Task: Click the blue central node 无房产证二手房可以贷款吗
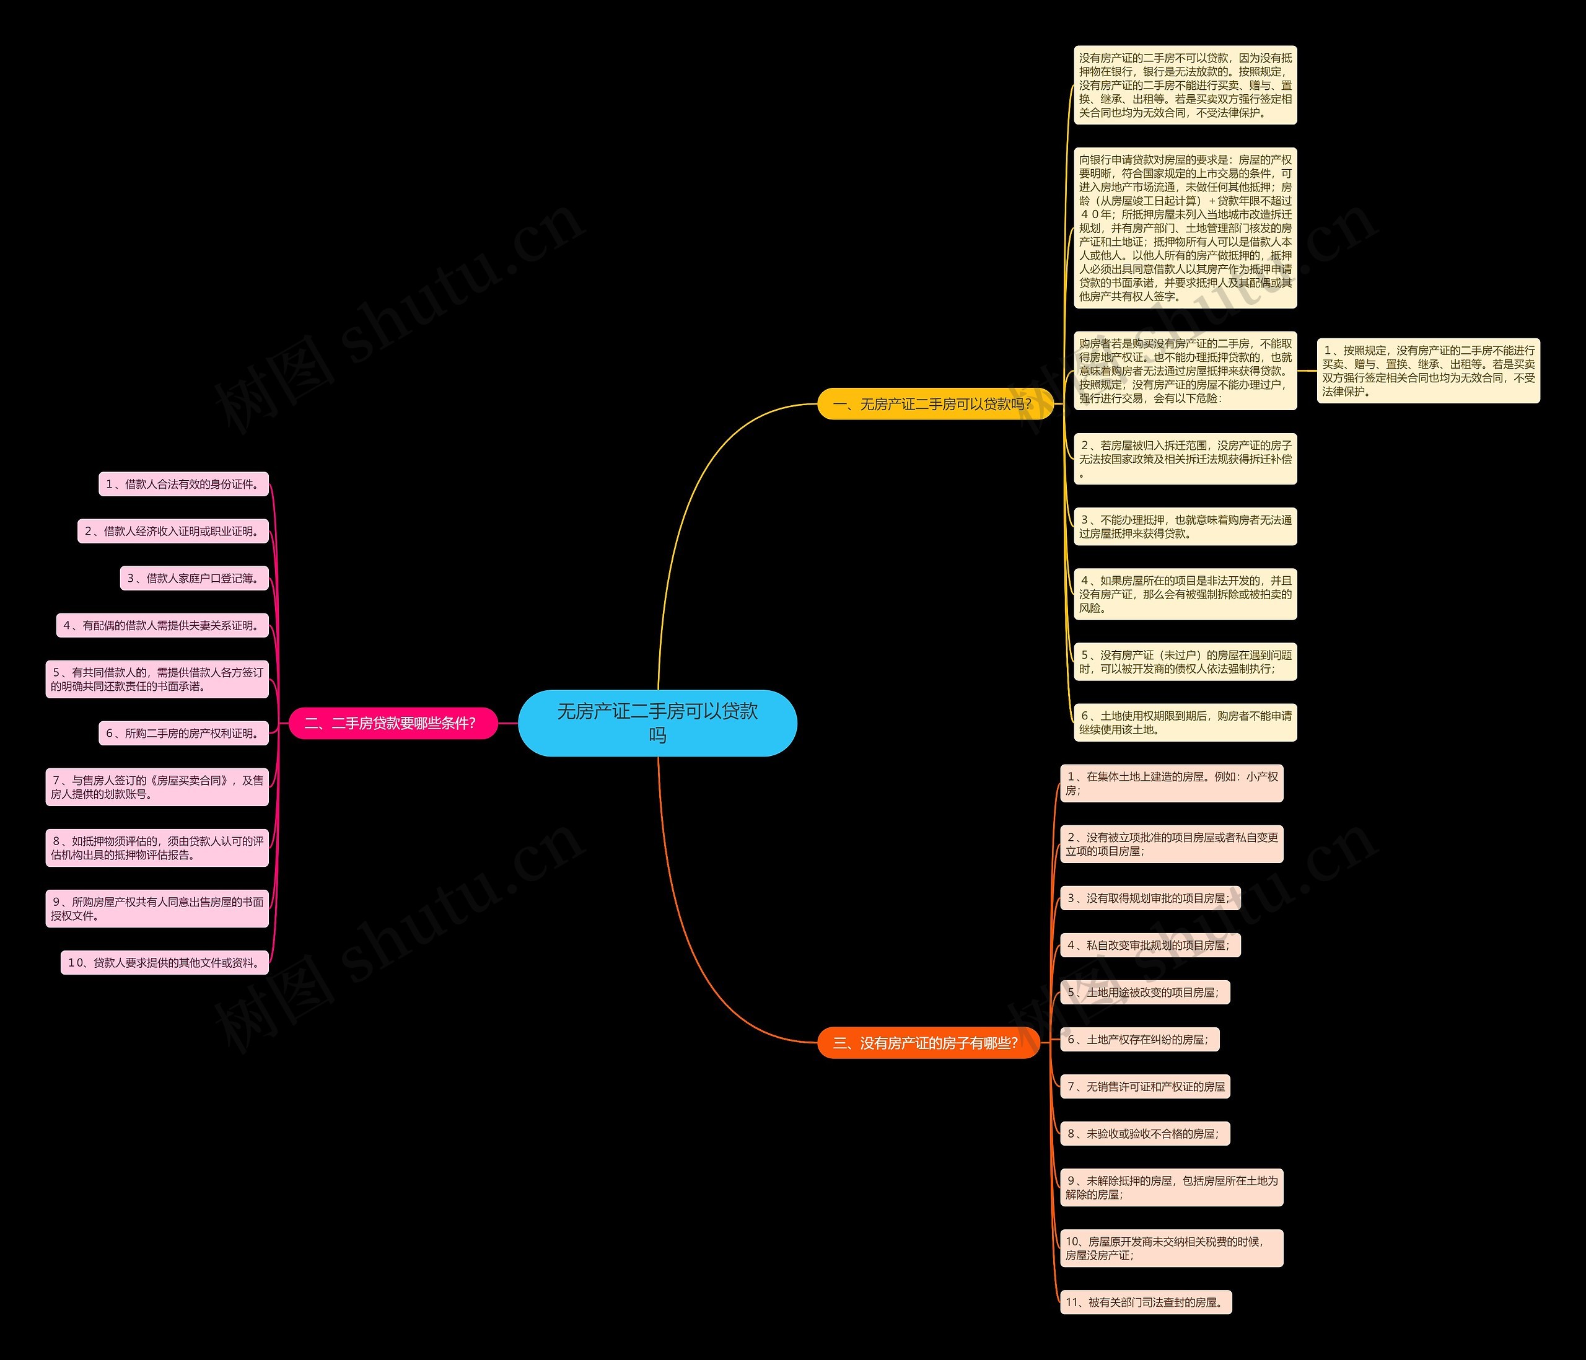(657, 722)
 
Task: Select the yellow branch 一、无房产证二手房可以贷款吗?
(935, 404)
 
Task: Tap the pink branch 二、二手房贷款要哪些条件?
(392, 723)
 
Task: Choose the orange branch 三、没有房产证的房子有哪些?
(927, 1042)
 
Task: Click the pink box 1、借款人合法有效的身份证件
(184, 484)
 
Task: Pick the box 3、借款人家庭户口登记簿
(195, 578)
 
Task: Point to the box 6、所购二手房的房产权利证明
(184, 733)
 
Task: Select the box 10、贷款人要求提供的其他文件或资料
(165, 962)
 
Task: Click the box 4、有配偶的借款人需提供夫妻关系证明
(162, 625)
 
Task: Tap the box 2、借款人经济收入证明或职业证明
(173, 531)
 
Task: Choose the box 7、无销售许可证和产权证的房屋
(1145, 1086)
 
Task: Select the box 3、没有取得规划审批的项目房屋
(1150, 898)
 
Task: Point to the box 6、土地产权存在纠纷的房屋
(1139, 1039)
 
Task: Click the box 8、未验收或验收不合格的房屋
(1144, 1133)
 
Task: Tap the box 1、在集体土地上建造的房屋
(1171, 783)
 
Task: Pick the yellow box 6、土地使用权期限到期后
(1185, 722)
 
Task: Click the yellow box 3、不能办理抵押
(1185, 527)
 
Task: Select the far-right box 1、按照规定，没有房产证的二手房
(1427, 371)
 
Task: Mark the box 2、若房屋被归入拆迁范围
(1185, 459)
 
